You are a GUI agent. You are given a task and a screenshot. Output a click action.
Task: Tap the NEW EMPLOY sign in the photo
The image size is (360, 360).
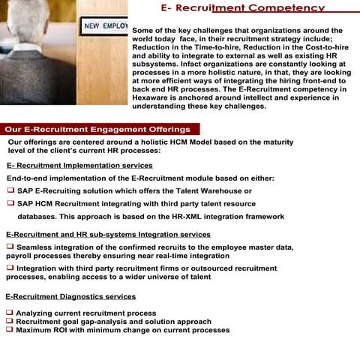105,26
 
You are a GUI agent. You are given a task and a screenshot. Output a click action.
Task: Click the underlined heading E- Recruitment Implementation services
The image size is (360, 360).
79,165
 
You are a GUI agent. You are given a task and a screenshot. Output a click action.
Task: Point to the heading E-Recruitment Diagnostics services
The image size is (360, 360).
70,297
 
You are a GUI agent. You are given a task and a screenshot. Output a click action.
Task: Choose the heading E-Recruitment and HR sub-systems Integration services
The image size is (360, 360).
108,235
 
